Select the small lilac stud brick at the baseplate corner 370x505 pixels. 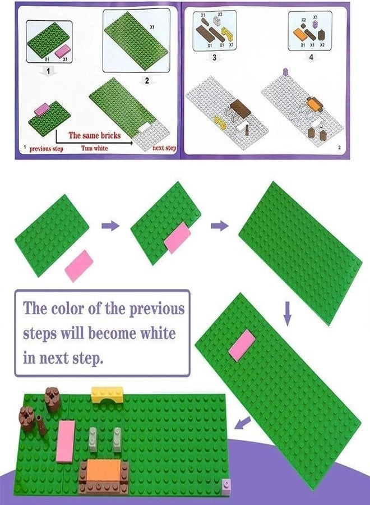tap(226, 484)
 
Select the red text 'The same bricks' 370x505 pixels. tap(94, 135)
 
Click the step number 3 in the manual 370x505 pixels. tap(214, 58)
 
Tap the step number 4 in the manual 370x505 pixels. tap(311, 58)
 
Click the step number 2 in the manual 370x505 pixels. tap(147, 80)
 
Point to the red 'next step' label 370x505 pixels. tap(164, 148)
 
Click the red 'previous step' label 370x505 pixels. tap(48, 149)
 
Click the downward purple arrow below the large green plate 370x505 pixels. tap(288, 313)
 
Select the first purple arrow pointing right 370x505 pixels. tap(110, 226)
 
